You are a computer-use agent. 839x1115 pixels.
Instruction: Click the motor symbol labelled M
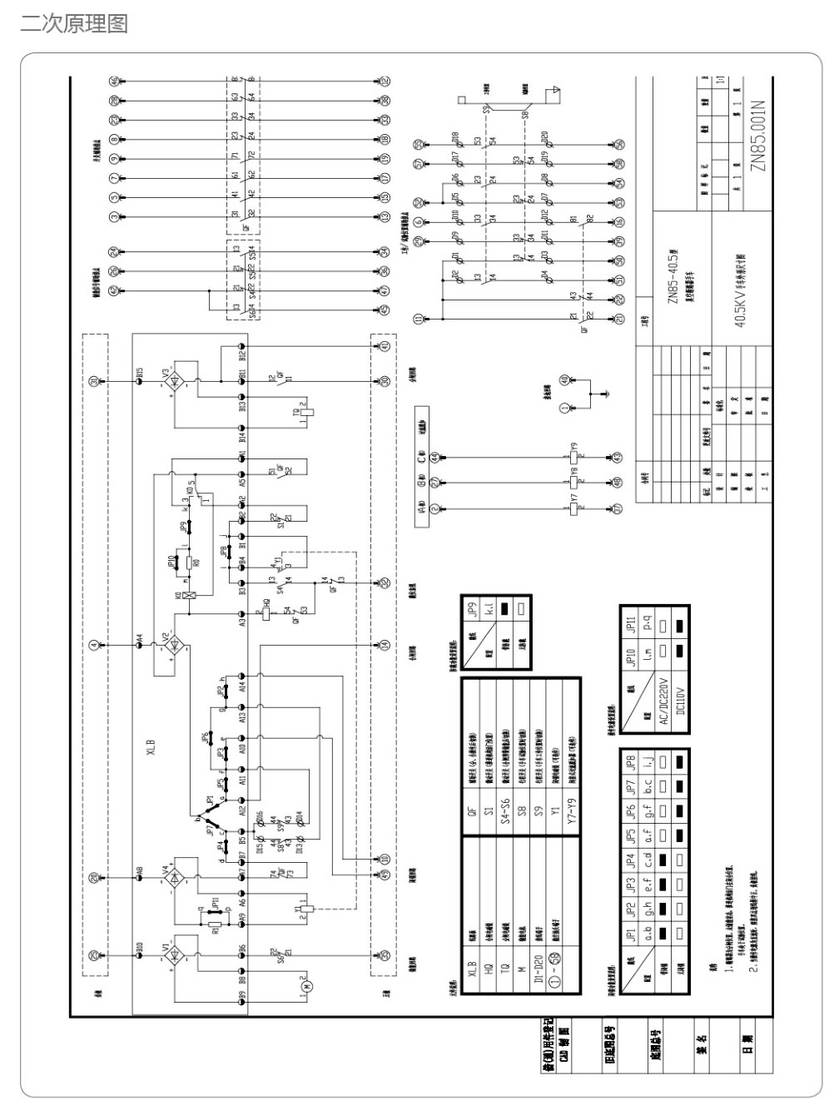(x=302, y=986)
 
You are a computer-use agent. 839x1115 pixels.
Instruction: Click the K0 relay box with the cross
(x=191, y=595)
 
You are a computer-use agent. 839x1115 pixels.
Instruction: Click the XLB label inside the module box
(x=151, y=745)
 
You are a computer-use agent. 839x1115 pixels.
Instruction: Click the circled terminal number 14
(x=385, y=644)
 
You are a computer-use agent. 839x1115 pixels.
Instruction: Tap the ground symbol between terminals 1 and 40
(x=608, y=389)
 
